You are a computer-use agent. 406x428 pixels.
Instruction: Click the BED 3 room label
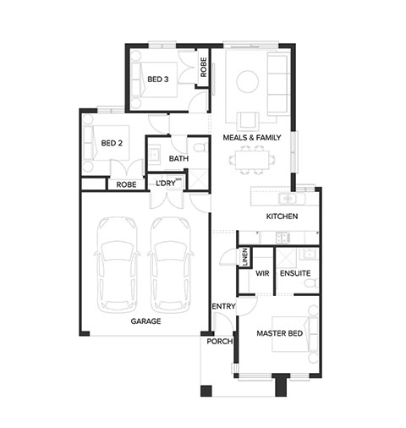click(x=158, y=80)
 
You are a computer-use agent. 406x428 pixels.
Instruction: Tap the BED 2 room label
click(x=112, y=143)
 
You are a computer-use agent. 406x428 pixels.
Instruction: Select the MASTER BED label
click(x=280, y=333)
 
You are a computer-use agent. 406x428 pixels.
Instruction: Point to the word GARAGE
click(x=145, y=321)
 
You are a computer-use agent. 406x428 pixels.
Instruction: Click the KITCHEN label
click(x=282, y=217)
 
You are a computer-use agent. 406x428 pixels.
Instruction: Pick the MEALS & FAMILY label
click(x=252, y=138)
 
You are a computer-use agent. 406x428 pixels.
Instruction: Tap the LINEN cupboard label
click(x=245, y=257)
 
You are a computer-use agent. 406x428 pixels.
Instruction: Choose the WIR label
click(x=262, y=273)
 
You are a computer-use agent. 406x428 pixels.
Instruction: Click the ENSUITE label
click(x=295, y=273)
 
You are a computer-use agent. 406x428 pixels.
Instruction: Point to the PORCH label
click(x=220, y=342)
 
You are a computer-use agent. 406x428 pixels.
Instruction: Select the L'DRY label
click(x=166, y=184)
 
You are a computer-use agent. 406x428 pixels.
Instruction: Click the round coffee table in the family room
click(x=247, y=81)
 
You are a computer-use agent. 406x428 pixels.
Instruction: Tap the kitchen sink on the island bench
click(x=288, y=199)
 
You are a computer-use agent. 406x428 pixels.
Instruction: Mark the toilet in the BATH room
click(x=200, y=146)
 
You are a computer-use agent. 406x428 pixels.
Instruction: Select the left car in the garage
click(x=118, y=265)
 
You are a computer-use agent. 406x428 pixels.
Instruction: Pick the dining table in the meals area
click(x=252, y=160)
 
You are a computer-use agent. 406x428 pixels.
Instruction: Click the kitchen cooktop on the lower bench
click(x=283, y=237)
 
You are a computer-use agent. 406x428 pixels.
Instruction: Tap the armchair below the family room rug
click(x=248, y=120)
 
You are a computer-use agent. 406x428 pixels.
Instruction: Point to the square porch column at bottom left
click(x=206, y=391)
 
